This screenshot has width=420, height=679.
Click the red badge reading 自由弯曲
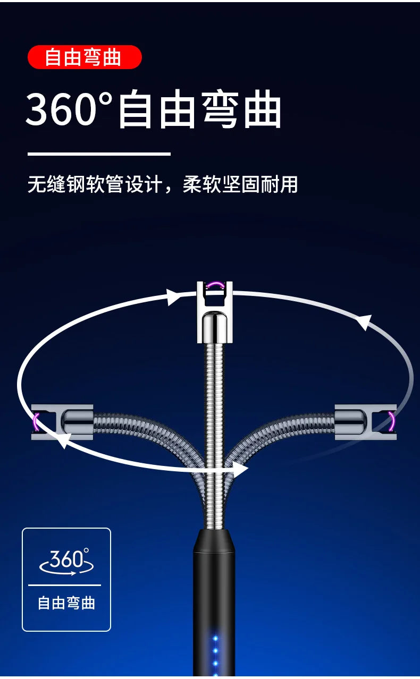[x=85, y=57]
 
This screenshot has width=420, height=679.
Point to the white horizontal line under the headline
[x=99, y=154]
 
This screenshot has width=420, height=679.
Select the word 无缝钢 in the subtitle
[x=56, y=184]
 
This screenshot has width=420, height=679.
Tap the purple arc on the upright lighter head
[x=215, y=285]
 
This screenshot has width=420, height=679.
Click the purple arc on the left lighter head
[x=36, y=422]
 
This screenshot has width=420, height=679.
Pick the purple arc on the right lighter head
[x=392, y=421]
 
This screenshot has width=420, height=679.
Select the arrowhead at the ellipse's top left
[x=172, y=297]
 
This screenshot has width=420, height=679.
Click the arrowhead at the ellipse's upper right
[x=364, y=322]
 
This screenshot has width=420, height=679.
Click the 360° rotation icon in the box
[x=66, y=562]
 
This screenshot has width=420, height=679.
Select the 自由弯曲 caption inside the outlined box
[x=66, y=603]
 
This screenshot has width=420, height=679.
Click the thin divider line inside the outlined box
[x=64, y=585]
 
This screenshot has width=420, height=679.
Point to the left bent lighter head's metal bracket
[x=62, y=422]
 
